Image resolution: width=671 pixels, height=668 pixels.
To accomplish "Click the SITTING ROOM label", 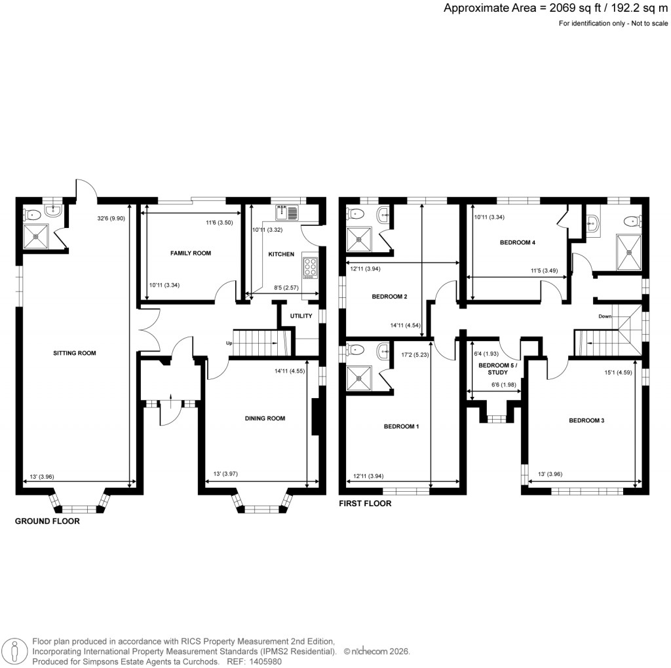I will coord(75,353).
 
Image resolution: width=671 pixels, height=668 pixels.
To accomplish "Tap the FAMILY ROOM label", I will coord(191,253).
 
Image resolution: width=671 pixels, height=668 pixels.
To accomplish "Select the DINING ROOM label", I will coord(265,418).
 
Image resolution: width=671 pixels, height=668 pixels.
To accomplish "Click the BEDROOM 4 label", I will coord(518,242).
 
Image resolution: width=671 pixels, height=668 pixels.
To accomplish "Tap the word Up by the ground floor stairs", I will coord(229,343).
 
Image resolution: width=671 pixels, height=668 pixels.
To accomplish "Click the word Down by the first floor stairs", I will coord(605,316).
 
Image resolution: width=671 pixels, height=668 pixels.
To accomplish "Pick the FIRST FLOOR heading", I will coord(365,504).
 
